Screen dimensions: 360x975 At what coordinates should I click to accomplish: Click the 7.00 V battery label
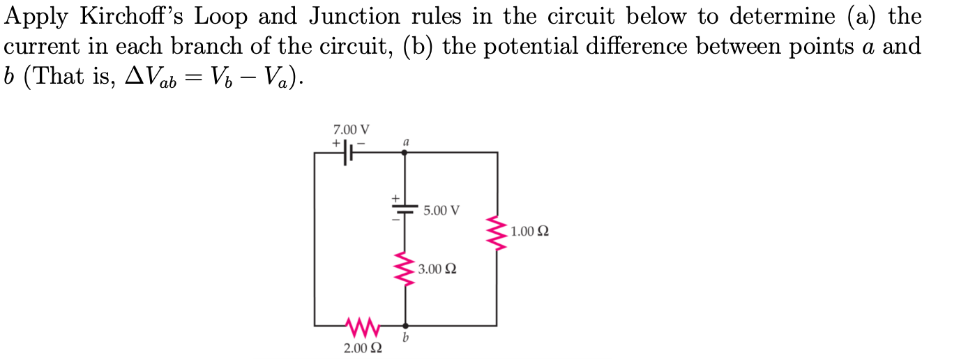coord(352,130)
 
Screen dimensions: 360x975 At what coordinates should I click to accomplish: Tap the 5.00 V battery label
coord(441,210)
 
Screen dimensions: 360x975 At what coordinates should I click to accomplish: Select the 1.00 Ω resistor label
coord(529,231)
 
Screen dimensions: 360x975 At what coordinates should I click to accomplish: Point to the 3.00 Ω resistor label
coord(437,269)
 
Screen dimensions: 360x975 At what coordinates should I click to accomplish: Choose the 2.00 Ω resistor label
coord(362,347)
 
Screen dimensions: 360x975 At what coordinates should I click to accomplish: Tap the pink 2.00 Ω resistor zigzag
coord(361,325)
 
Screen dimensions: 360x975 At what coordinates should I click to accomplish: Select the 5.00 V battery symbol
coord(406,209)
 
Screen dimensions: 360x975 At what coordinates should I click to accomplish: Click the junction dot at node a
coord(406,152)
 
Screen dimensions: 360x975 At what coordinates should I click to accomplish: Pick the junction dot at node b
coord(406,325)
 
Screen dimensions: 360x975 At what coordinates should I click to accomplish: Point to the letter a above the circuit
coord(406,142)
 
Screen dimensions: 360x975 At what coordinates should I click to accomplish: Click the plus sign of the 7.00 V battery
coord(336,142)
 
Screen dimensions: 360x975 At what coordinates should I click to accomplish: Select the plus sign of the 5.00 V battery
coord(394,199)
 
